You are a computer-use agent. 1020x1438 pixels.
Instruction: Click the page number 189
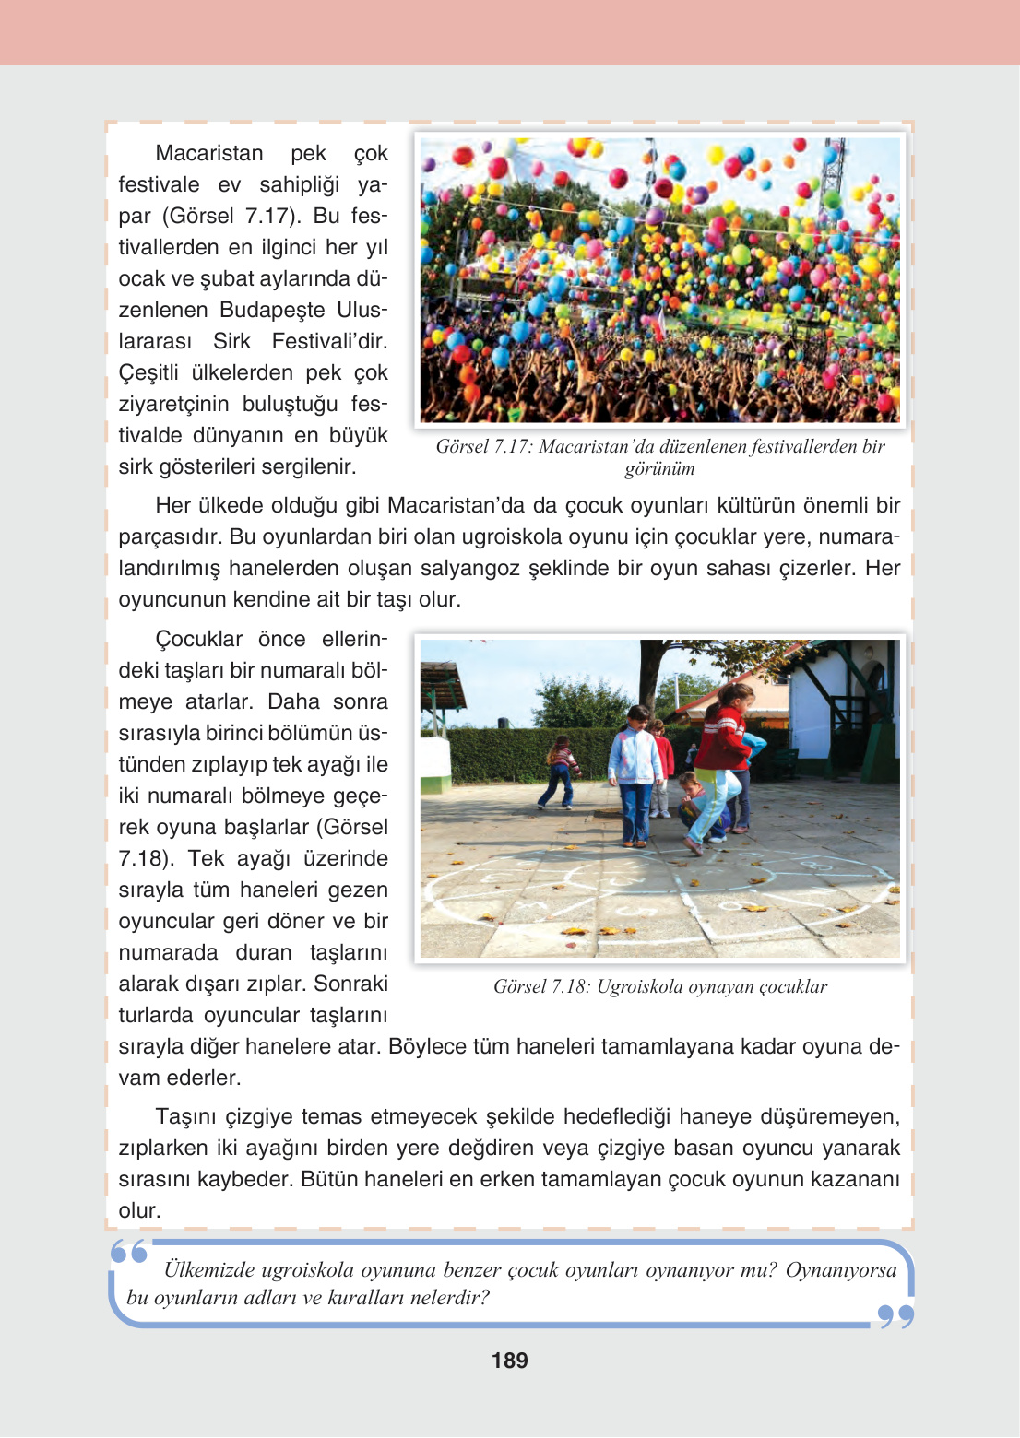coord(509,1361)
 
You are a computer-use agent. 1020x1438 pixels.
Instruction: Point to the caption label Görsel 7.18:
coord(541,986)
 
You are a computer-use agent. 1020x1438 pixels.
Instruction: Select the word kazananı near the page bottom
coord(857,1179)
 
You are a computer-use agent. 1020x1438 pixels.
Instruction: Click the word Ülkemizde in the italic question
coord(208,1270)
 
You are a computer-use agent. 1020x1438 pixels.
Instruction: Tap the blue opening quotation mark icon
coord(129,1252)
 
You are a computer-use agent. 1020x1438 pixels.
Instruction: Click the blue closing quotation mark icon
coord(895,1316)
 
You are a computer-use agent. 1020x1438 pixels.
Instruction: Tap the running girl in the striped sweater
coord(559,772)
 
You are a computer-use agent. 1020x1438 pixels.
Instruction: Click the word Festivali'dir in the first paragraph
coord(329,341)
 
